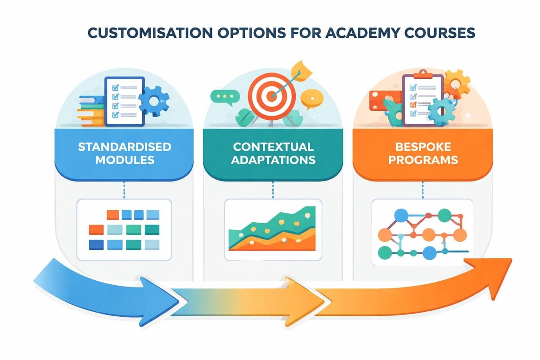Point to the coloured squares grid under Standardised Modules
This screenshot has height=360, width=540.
click(x=124, y=229)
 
